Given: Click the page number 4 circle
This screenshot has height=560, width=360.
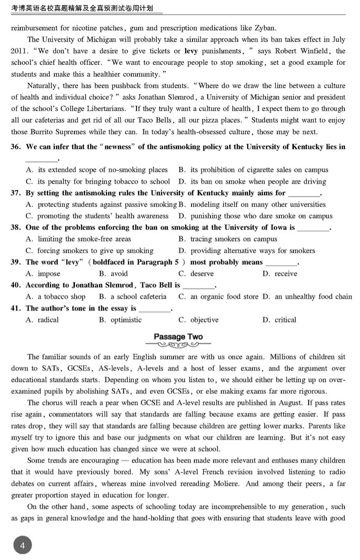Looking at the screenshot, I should (x=22, y=546).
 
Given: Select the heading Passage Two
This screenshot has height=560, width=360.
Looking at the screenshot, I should (x=178, y=337).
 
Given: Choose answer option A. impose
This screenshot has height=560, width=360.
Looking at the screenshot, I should (x=43, y=274).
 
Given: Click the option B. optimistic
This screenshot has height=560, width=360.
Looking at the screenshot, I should (x=120, y=320).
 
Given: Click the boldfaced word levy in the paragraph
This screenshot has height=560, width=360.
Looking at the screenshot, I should (x=191, y=51).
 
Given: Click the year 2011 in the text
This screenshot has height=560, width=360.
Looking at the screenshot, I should (x=20, y=51).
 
